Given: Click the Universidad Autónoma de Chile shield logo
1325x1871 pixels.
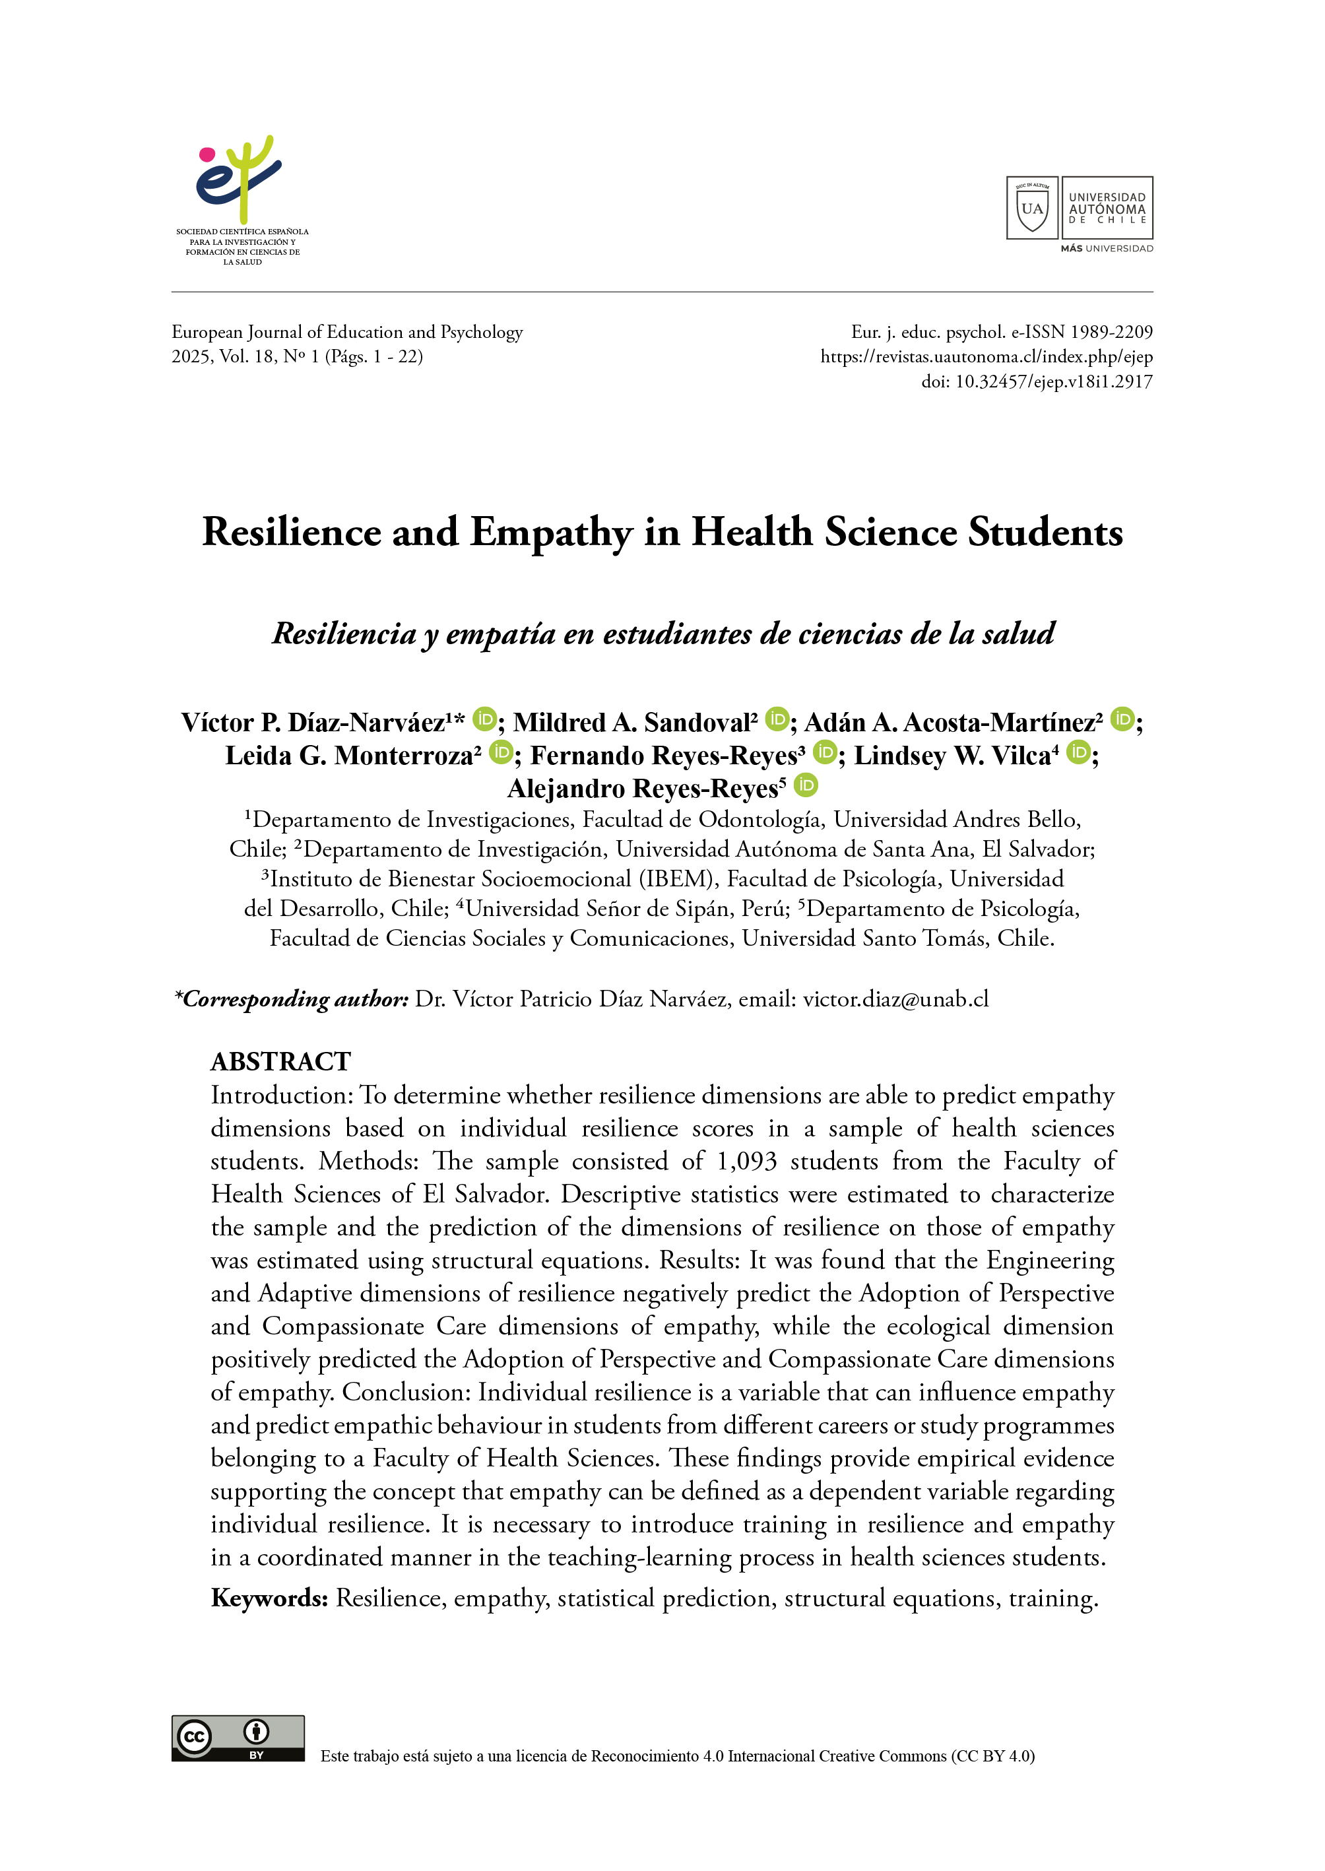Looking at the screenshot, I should (x=1031, y=207).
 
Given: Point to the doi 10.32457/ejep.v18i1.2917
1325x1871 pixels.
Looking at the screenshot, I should (x=1053, y=382).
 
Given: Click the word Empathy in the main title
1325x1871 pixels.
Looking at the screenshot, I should (x=551, y=533).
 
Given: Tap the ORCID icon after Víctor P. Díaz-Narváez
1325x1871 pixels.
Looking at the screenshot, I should (x=484, y=719).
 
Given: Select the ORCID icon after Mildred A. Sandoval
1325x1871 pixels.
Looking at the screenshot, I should (x=777, y=719).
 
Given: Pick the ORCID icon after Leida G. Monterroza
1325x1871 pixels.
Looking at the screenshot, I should (x=501, y=752).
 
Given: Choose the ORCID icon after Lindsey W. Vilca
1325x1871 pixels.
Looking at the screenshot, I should (x=1079, y=752).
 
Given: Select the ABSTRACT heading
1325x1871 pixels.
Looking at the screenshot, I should (x=280, y=1062).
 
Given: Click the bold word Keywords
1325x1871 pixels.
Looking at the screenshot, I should (x=269, y=1598).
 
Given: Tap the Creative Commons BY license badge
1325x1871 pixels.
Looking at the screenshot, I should (x=238, y=1738).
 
